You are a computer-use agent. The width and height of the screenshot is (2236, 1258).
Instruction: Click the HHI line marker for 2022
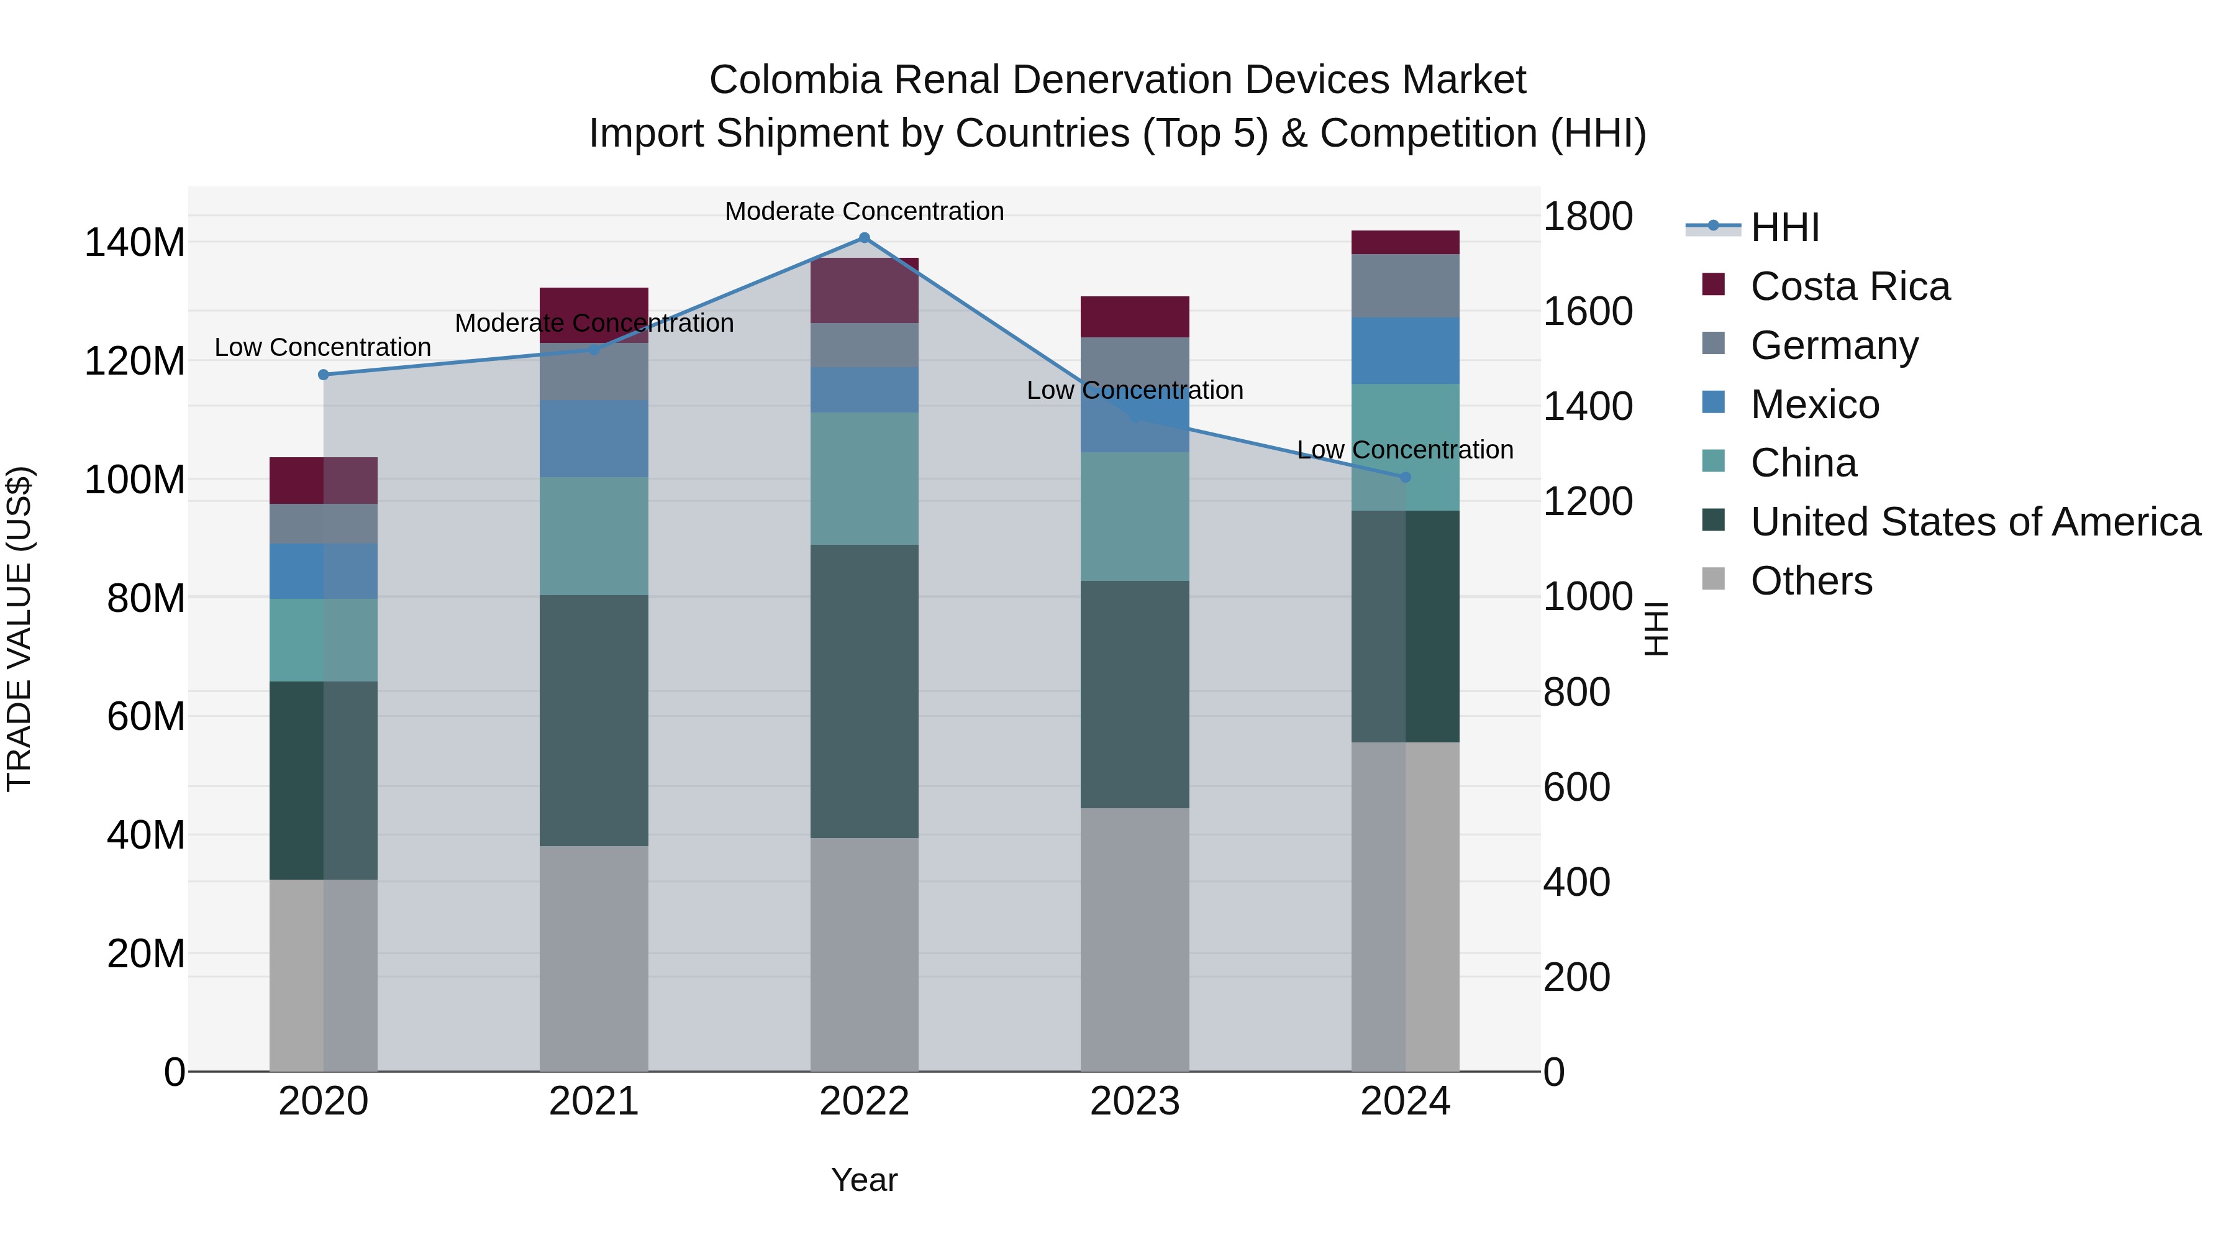click(864, 238)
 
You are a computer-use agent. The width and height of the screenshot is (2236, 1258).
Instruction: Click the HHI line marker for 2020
click(324, 375)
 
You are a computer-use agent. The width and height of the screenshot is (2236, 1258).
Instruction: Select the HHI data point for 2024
click(1406, 478)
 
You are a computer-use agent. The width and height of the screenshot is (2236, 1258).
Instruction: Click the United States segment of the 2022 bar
click(864, 691)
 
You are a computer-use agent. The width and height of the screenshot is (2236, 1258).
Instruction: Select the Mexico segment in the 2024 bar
click(1406, 351)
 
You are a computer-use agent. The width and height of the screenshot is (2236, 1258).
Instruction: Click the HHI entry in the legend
click(1784, 227)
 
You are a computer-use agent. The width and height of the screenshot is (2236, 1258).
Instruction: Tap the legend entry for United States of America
click(1975, 522)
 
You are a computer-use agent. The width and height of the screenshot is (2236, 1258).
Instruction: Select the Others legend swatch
click(1714, 579)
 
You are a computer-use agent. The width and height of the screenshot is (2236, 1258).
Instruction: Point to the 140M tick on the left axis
click(135, 242)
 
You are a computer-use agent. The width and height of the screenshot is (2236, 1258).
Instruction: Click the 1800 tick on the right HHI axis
click(1588, 216)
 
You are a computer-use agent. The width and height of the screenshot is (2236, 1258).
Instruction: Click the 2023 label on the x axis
click(1135, 1101)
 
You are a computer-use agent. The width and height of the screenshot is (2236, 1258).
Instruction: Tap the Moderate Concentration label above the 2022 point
click(864, 211)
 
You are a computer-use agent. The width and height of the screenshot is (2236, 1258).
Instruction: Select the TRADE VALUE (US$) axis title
click(19, 629)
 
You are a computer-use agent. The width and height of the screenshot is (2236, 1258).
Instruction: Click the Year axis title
click(864, 1180)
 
